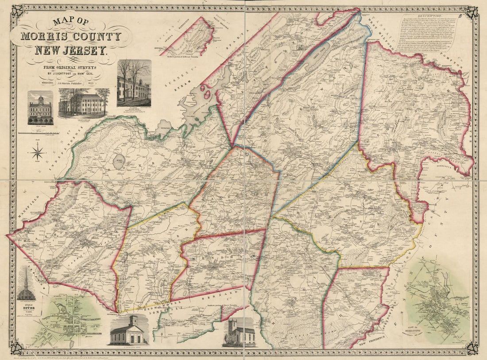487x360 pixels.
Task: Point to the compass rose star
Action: [x=37, y=154]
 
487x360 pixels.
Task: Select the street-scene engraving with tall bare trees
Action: [x=134, y=83]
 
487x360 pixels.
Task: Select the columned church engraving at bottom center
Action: [x=128, y=330]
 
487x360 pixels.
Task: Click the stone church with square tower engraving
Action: [x=240, y=332]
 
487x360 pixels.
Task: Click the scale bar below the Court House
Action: [x=40, y=132]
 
